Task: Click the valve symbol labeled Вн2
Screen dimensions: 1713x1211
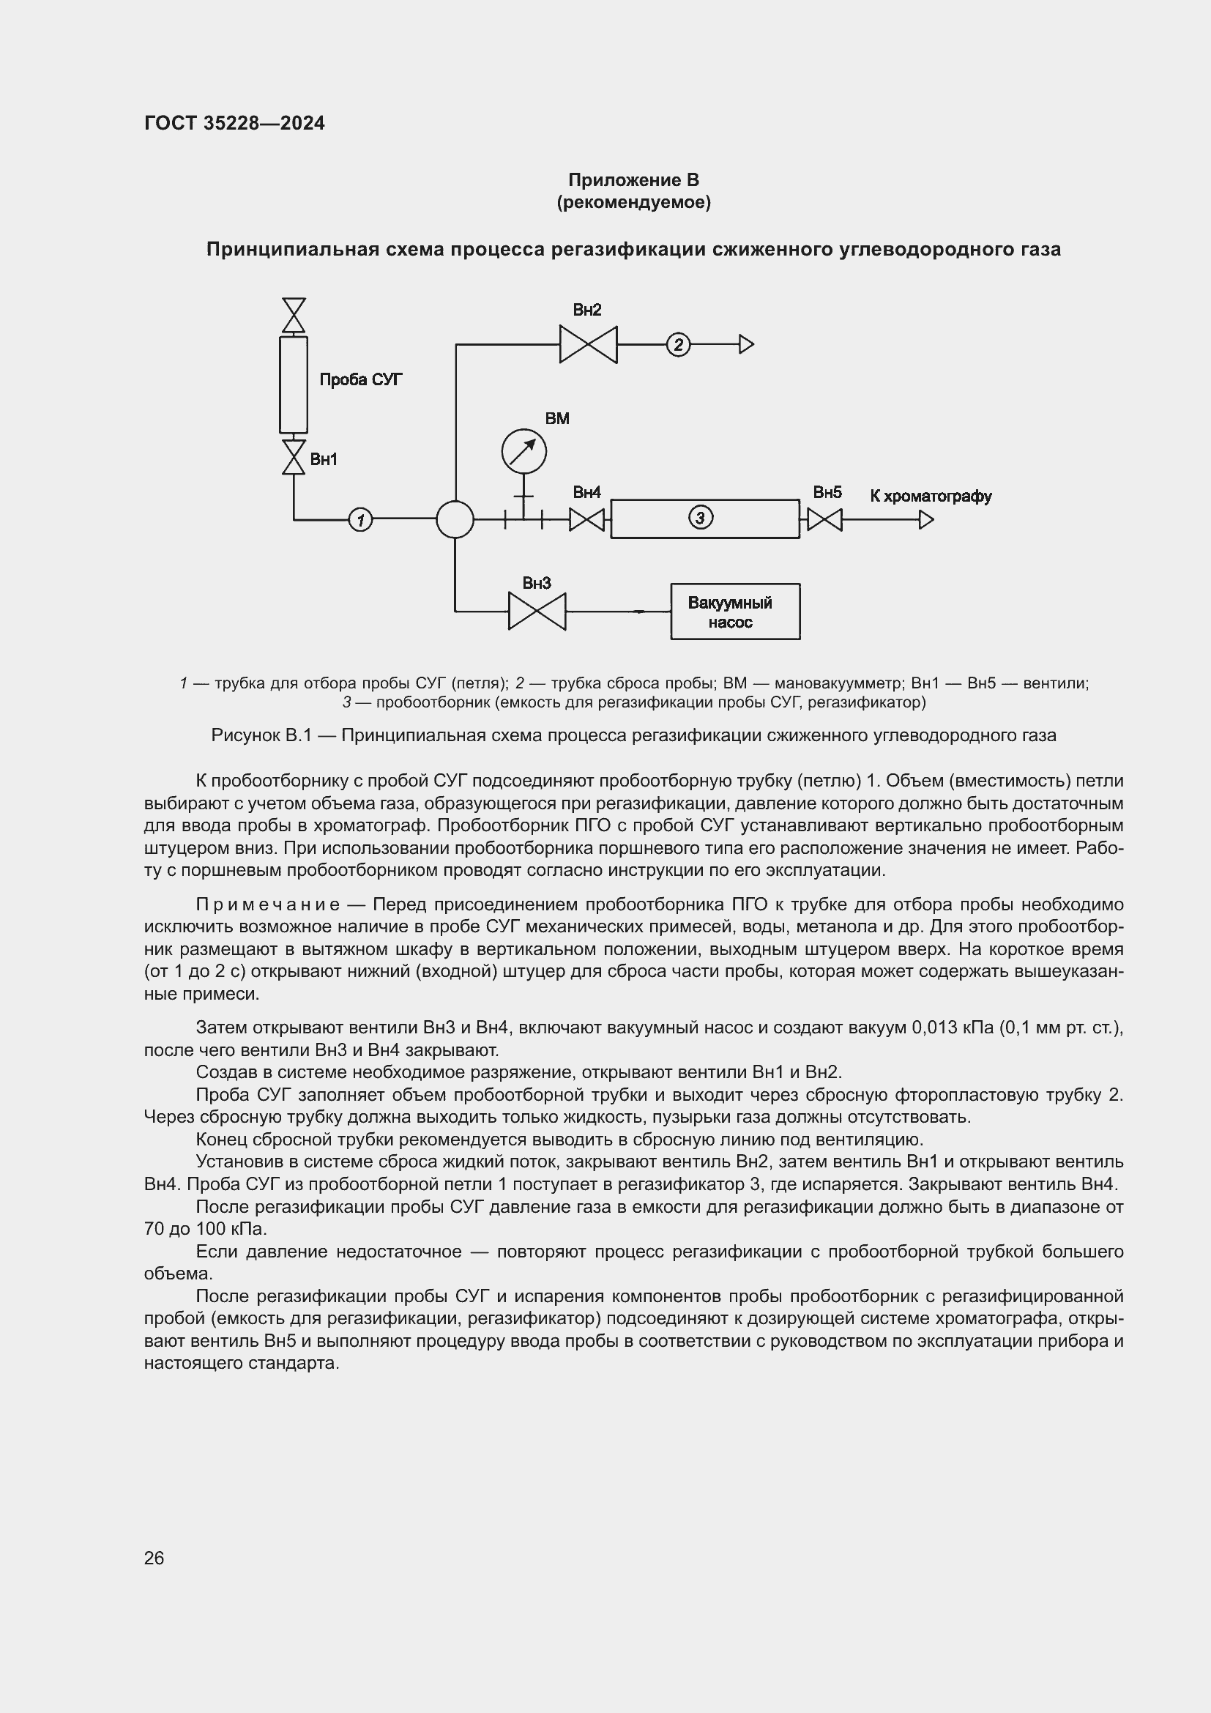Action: pos(589,345)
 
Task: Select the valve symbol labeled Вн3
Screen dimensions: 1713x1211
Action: pos(537,611)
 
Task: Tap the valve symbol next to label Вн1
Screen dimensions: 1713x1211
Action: pos(294,457)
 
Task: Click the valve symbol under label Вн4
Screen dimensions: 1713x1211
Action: pos(587,519)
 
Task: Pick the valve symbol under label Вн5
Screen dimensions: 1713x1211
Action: pos(824,519)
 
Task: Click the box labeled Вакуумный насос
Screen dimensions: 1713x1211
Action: pos(734,612)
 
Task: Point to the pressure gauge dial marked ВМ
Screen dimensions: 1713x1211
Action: pos(523,451)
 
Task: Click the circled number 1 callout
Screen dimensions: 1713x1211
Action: pos(360,519)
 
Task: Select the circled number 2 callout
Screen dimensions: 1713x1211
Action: pos(678,345)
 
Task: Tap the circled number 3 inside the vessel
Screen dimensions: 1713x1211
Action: pos(699,517)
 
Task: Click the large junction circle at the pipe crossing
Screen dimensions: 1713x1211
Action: pos(455,519)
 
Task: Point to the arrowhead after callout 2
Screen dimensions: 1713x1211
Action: pos(746,345)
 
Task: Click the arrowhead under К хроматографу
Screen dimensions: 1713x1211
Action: pos(926,519)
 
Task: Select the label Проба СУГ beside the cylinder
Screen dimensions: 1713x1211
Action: pos(361,380)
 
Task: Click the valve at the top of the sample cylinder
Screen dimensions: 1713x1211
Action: pos(294,315)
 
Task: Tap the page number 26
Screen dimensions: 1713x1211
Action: pos(154,1558)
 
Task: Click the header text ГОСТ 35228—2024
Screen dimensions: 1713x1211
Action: pos(234,123)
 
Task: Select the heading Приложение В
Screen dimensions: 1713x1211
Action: pos(633,180)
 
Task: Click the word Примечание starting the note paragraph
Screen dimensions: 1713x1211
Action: pos(268,905)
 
